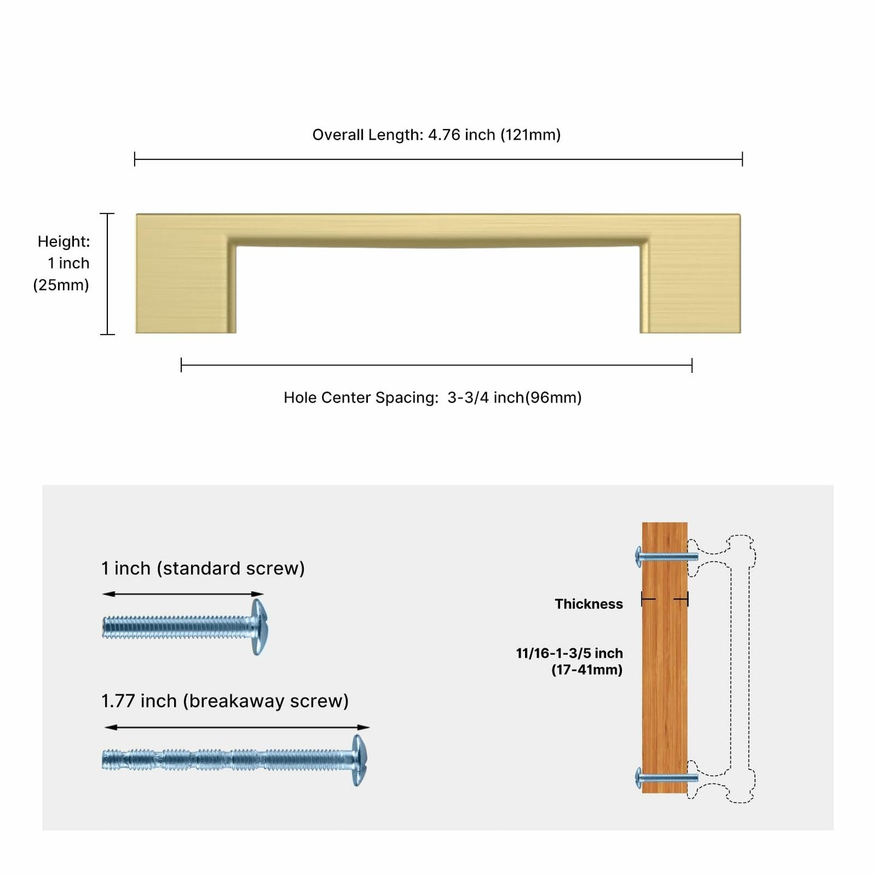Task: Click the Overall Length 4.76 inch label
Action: coord(436,135)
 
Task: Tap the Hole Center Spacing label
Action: coord(432,398)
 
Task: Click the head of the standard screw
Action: coord(259,627)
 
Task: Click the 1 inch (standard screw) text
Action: coord(202,568)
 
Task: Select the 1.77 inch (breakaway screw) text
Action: coord(224,701)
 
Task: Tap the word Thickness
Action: coord(589,604)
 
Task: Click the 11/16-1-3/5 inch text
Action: coord(569,654)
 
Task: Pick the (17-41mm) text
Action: coord(587,670)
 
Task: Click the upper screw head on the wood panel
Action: coord(639,557)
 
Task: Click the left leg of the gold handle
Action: coord(186,285)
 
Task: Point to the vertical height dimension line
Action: coord(107,273)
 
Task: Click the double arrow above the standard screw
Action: coord(182,593)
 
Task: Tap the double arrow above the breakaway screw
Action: coord(237,727)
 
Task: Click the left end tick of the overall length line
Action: coord(135,159)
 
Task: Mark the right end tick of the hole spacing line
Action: coord(692,364)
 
